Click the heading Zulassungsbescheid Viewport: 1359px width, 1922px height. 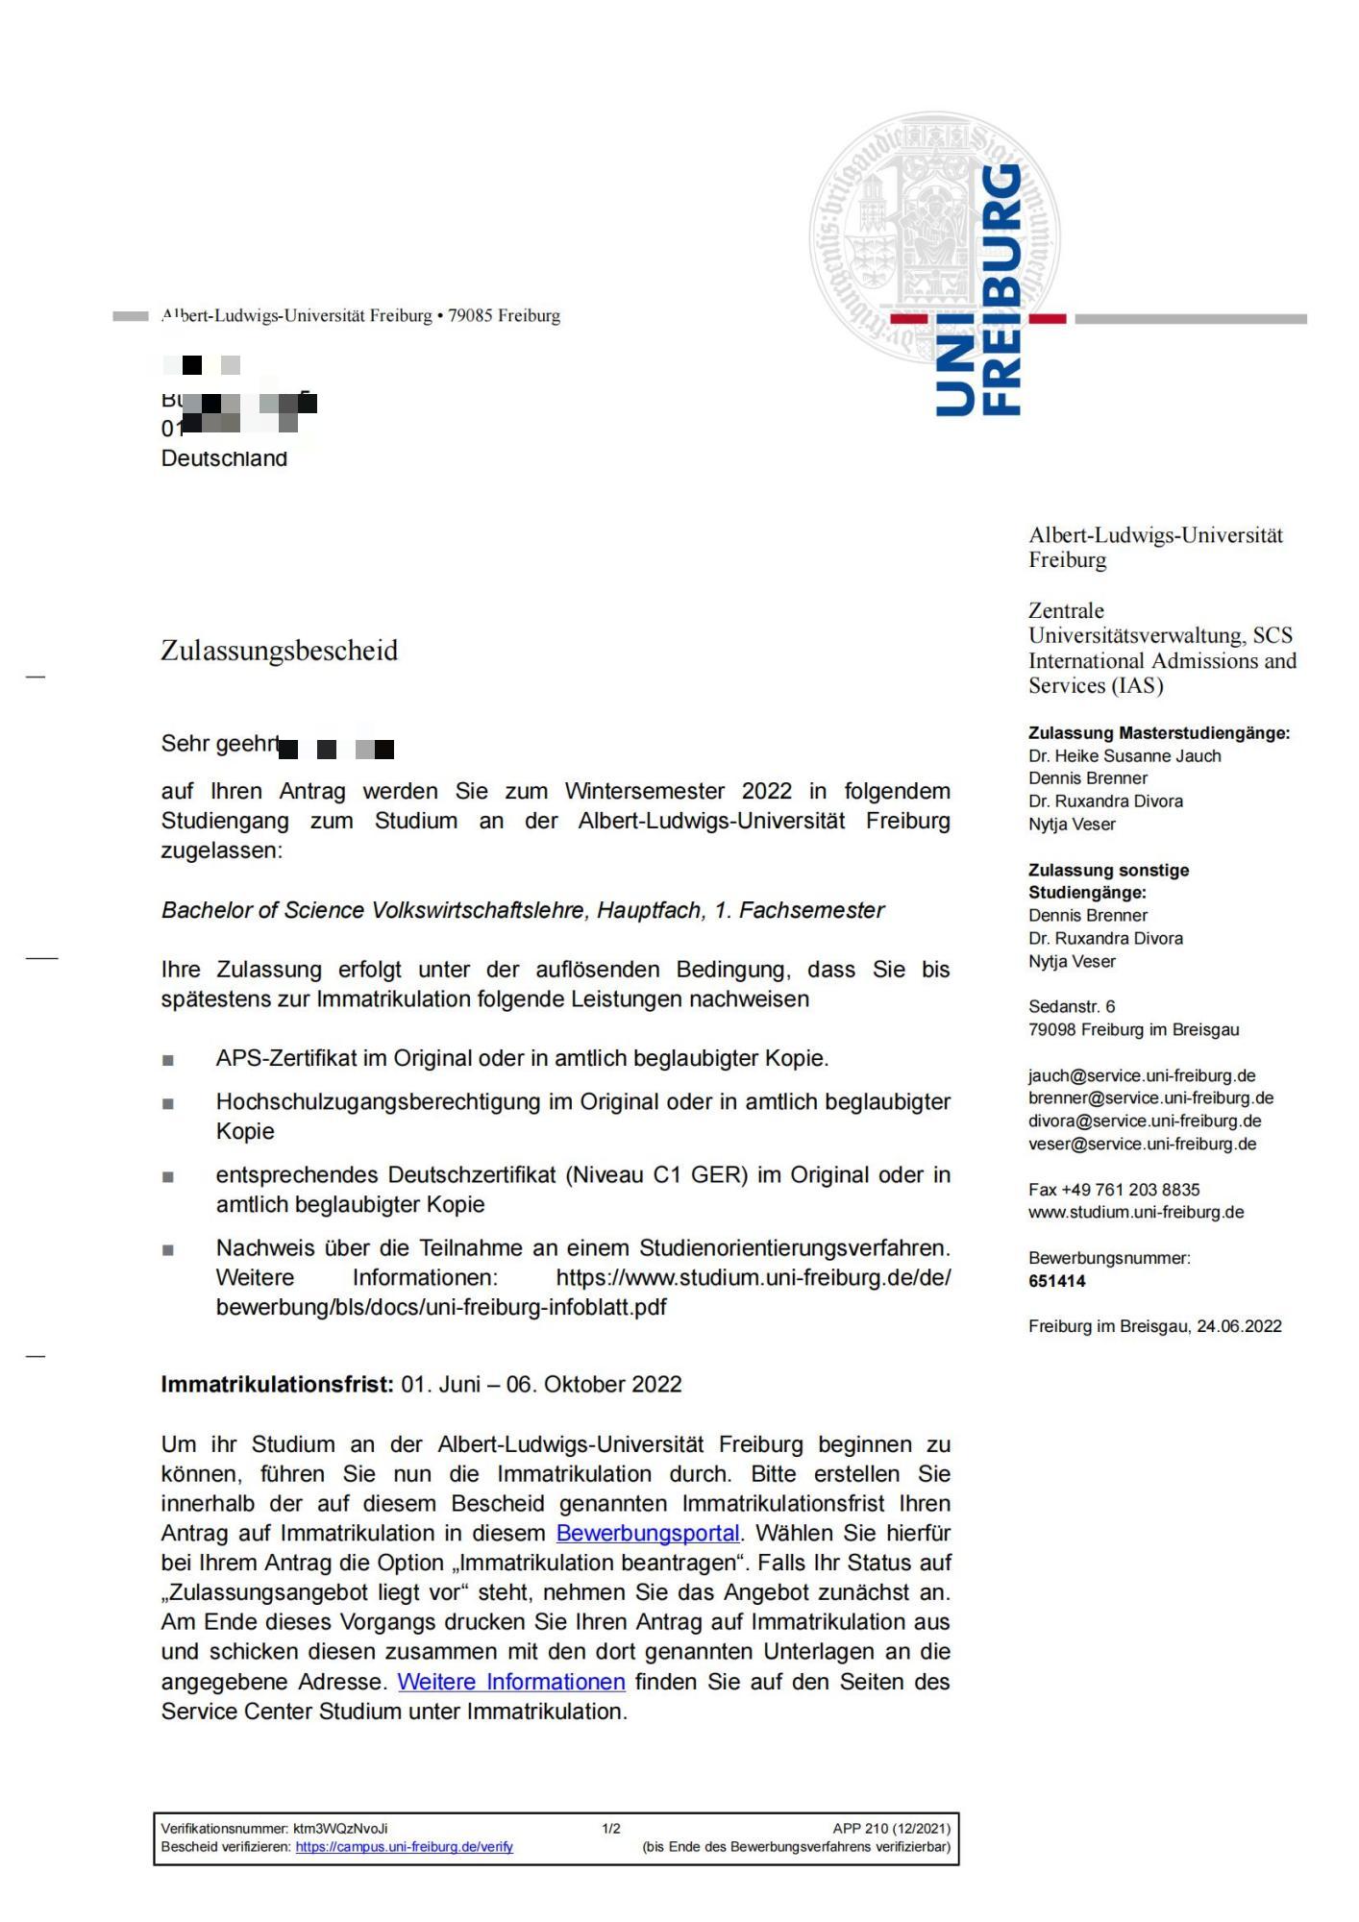[x=279, y=651]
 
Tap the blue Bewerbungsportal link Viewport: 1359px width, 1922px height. [x=648, y=1533]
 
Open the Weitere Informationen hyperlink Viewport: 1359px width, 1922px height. [x=511, y=1682]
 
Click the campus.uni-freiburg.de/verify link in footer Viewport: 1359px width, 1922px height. [x=404, y=1847]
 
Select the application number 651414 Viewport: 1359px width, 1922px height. [x=1056, y=1281]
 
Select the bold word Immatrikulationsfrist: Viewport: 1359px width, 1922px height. [x=277, y=1385]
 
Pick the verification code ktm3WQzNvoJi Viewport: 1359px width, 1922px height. [x=340, y=1829]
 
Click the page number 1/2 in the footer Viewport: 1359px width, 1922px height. [x=611, y=1829]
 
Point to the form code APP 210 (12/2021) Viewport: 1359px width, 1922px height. [x=891, y=1829]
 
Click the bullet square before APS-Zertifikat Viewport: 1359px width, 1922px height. [x=168, y=1060]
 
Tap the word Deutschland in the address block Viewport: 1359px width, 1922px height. [x=224, y=458]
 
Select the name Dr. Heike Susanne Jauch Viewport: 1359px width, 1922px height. [x=1124, y=755]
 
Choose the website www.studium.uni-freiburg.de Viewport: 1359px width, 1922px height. [x=1136, y=1212]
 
